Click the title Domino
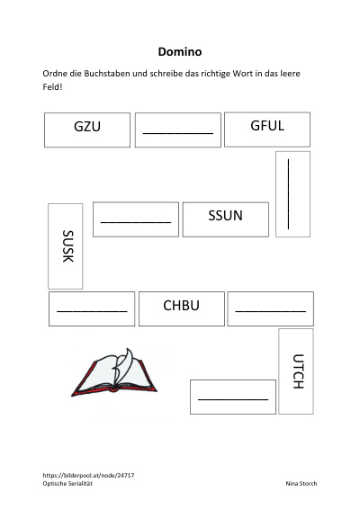[x=180, y=51]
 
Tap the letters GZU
[x=87, y=126]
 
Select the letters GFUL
[x=267, y=126]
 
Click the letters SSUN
[x=225, y=216]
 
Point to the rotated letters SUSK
[x=68, y=246]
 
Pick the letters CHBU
[x=181, y=306]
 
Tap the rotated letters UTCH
[x=298, y=371]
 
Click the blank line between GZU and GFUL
[x=178, y=133]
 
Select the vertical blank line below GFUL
[x=288, y=193]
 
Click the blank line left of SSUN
[x=136, y=222]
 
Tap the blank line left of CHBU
[x=92, y=311]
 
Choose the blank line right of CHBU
[x=270, y=311]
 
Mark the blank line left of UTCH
[x=233, y=399]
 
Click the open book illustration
[x=113, y=372]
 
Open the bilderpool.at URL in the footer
[x=88, y=475]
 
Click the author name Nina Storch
[x=301, y=483]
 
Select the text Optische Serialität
[x=67, y=483]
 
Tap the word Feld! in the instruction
[x=52, y=87]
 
